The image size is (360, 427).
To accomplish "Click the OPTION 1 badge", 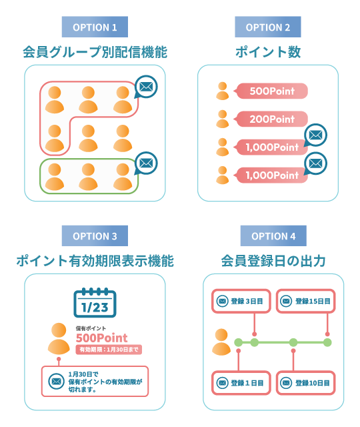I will coord(94,27).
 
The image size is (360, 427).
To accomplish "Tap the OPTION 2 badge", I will coord(267,27).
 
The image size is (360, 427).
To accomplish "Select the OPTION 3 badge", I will coord(94,236).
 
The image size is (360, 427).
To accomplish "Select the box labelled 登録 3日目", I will coord(241,302).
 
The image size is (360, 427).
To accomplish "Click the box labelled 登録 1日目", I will coord(241,383).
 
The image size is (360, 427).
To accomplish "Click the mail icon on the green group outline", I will coord(145,162).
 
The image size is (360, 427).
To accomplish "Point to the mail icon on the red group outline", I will coord(145,87).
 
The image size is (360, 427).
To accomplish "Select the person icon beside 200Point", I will coord(223,119).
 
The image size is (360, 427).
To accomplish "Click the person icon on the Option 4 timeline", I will coord(221,342).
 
